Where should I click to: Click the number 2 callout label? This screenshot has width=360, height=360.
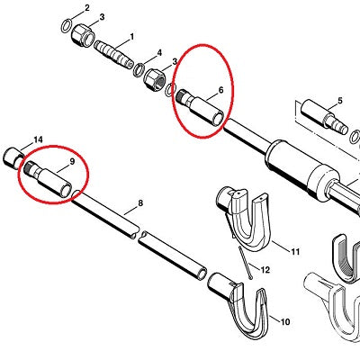pos(87,8)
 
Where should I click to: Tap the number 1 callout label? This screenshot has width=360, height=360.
pos(131,37)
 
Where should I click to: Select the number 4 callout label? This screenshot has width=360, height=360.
pos(159,53)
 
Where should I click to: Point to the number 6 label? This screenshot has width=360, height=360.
pos(221,90)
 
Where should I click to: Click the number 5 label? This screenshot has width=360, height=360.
pos(339,101)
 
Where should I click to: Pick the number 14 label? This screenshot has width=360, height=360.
pos(38,139)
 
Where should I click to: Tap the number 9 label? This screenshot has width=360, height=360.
pos(72,161)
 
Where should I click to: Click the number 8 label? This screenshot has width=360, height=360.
pos(140,203)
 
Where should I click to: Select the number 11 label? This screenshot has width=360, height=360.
pos(295,251)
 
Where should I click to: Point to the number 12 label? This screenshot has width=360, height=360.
pos(265,270)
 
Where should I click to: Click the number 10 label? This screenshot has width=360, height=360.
pos(285,322)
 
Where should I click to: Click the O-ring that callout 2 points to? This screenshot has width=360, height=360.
pos(67,26)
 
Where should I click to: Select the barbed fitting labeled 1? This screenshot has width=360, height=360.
pos(114,55)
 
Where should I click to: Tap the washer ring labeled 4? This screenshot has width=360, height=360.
pos(139,70)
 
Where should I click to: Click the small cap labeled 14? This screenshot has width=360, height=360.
pos(13,157)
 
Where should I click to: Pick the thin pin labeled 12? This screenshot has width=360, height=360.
pos(245,263)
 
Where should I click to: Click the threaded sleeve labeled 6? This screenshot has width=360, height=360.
pos(201,107)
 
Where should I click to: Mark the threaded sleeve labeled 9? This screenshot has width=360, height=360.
pos(48,179)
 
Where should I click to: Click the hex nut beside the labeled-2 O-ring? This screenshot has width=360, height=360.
pos(84,36)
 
